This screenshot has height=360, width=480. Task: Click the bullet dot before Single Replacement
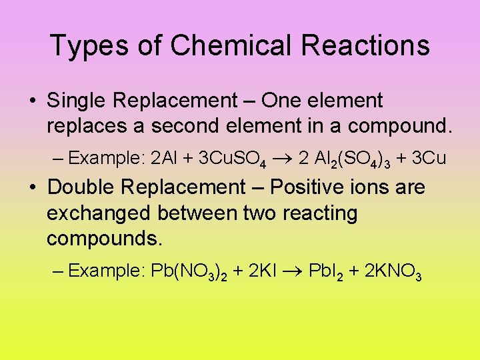pos(32,101)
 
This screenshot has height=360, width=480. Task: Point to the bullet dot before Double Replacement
pos(32,188)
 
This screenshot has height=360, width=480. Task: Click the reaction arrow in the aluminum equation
pos(283,159)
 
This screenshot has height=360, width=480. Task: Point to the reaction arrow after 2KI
pos(294,271)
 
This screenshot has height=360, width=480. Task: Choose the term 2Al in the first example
pos(163,159)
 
